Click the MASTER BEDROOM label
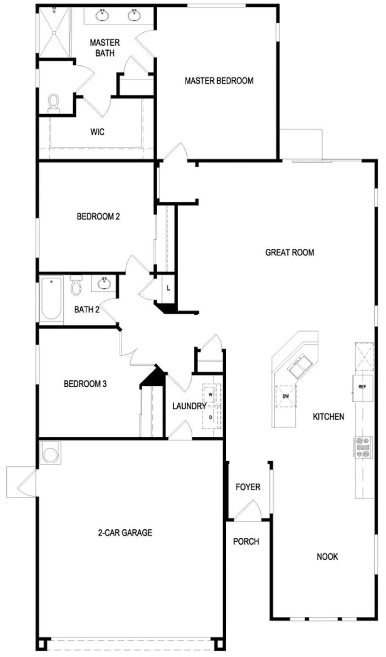[219, 81]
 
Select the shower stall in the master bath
[55, 33]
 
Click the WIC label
[97, 132]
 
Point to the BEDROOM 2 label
[98, 216]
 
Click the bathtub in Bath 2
[52, 299]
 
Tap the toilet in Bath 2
[76, 285]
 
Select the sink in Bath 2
[104, 284]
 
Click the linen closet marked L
[168, 288]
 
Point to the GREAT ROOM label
[289, 252]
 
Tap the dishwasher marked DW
[285, 396]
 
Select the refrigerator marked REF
[363, 388]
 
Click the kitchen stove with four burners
[363, 447]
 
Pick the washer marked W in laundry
[211, 395]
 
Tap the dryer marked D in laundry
[211, 417]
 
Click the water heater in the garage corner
[51, 454]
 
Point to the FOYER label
[248, 487]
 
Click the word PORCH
[246, 541]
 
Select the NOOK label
[327, 557]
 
